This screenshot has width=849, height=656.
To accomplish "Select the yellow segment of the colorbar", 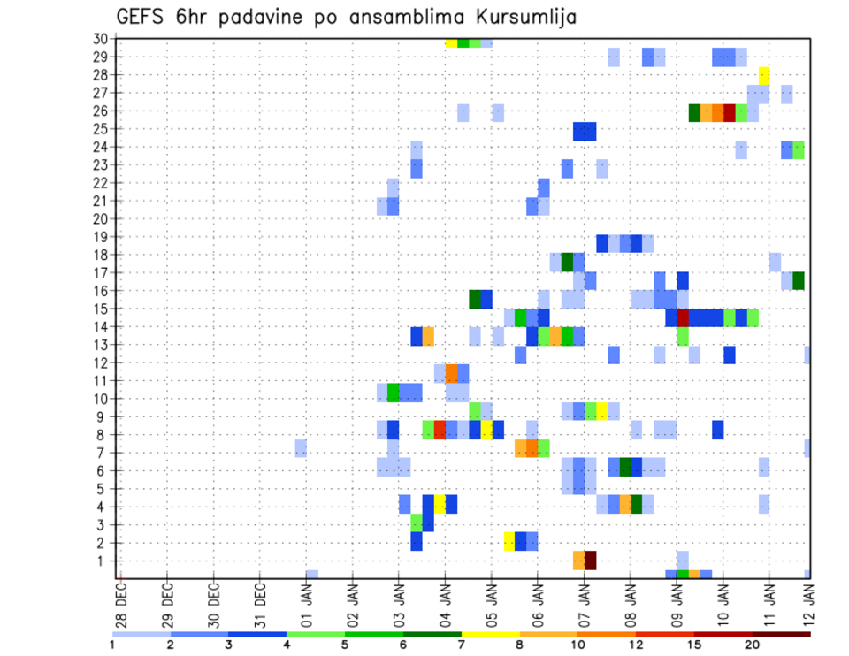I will click(491, 634).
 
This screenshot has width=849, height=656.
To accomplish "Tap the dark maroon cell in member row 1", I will click(590, 561).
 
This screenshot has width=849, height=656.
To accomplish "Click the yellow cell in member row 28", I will click(764, 75).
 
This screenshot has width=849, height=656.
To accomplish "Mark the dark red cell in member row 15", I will click(683, 317).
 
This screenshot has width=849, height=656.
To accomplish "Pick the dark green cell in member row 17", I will click(799, 281).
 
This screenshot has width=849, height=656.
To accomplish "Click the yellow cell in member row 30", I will click(451, 42).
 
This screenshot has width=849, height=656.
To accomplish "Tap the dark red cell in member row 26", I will click(729, 112).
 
